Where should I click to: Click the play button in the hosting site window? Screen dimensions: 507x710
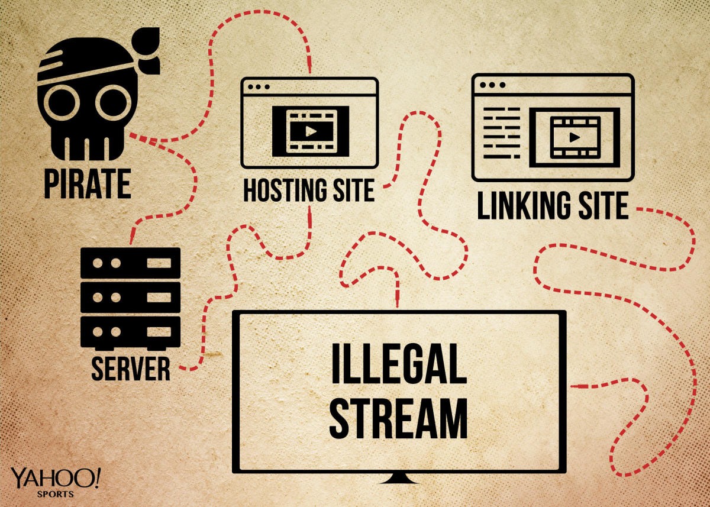pos(310,131)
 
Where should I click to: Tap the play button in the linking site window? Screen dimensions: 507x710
pos(573,137)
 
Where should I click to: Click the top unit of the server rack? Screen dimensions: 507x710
pos(130,261)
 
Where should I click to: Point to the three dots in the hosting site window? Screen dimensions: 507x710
pos(256,86)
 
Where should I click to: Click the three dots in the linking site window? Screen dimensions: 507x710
pos(492,85)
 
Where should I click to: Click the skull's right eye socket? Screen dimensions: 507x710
pos(112,99)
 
